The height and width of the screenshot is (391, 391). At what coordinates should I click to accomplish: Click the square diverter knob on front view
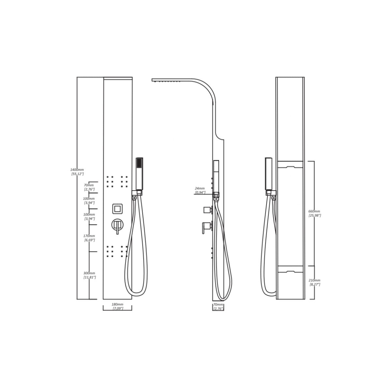[118, 209]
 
